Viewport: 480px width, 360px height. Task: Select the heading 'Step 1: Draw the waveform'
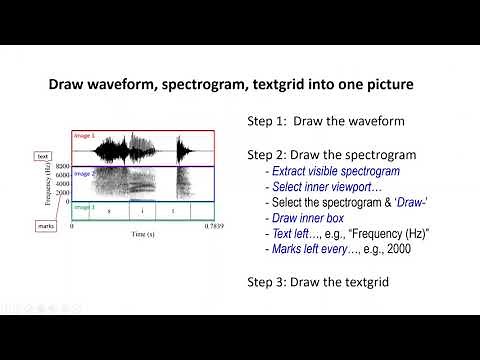click(312, 121)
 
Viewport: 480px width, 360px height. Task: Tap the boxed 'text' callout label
click(43, 156)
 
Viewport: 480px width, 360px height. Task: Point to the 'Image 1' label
click(84, 135)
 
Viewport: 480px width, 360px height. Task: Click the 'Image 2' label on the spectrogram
click(84, 174)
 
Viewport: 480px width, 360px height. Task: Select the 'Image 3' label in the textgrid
click(84, 207)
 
